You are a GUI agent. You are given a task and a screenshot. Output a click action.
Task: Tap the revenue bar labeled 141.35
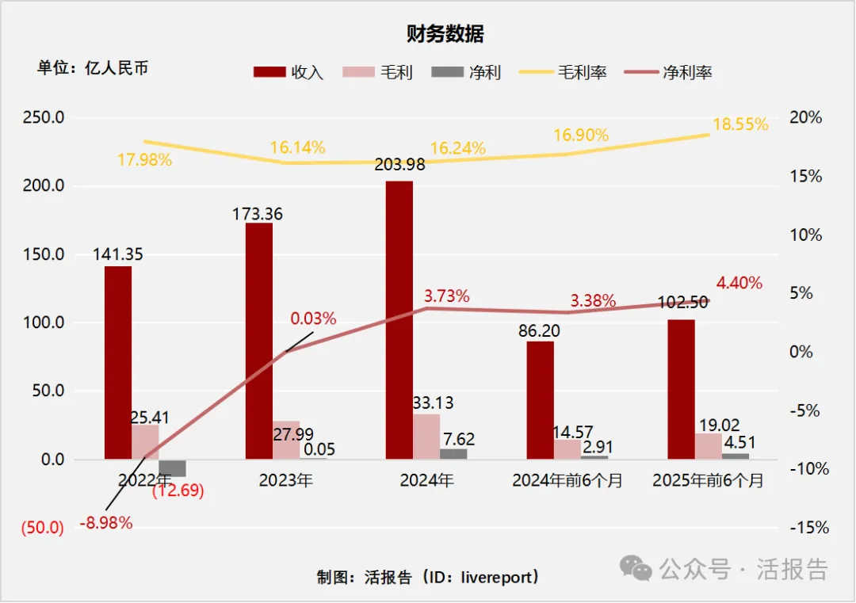click(x=118, y=362)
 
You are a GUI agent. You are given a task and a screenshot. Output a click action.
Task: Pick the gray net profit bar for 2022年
click(x=172, y=468)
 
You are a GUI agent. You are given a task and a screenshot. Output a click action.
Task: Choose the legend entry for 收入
click(x=289, y=72)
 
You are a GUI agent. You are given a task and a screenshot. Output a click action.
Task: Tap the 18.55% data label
click(x=740, y=124)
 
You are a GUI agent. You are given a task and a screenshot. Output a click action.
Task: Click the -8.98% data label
click(x=106, y=523)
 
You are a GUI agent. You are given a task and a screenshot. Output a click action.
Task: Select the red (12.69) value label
click(x=178, y=490)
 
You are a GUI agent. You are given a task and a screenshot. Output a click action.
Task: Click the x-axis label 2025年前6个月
click(x=707, y=480)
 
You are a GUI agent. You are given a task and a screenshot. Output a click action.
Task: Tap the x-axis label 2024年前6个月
click(x=567, y=480)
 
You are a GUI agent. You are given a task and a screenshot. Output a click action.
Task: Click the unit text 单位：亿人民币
click(x=93, y=68)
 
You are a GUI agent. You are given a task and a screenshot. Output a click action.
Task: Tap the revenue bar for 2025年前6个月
click(x=681, y=389)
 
